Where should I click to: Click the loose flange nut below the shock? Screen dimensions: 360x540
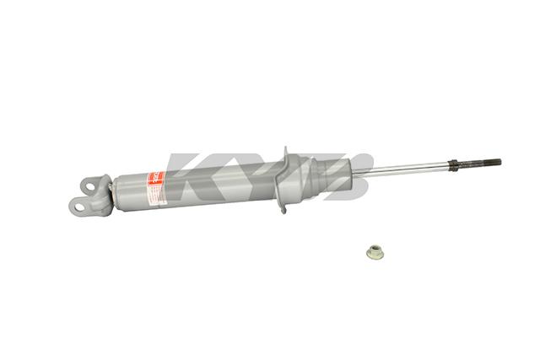coord(373,250)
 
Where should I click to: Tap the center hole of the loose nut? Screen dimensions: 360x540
coord(373,250)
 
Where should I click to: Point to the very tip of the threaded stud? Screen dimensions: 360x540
coord(499,162)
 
